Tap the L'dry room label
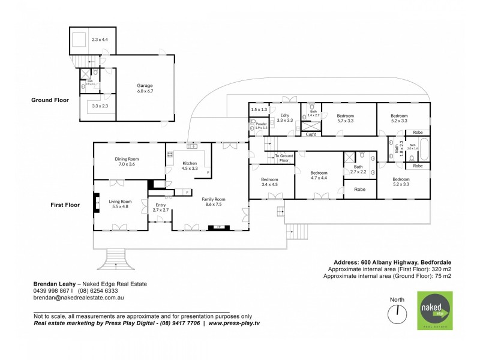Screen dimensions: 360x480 click(285, 118)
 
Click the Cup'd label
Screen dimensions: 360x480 click(311, 135)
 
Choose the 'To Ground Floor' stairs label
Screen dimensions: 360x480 click(283, 158)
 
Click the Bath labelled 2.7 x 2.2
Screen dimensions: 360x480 click(358, 170)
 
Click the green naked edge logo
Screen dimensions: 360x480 click(436, 310)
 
